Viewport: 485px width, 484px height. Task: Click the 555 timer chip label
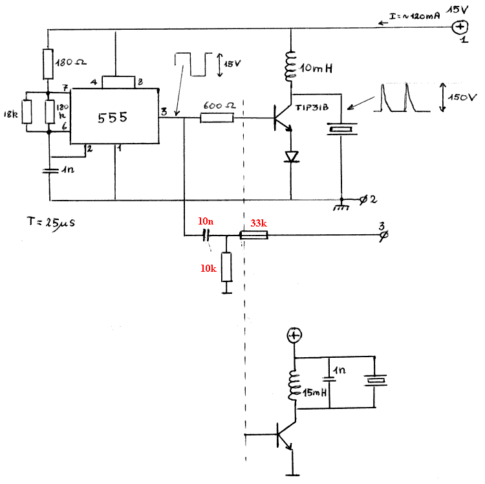pyautogui.click(x=113, y=118)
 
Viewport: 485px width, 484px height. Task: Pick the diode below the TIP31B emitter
pyautogui.click(x=290, y=156)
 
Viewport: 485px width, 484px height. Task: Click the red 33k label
pyautogui.click(x=258, y=223)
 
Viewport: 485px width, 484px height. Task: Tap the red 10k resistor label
pyautogui.click(x=209, y=267)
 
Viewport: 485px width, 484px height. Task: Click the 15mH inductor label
pyautogui.click(x=314, y=393)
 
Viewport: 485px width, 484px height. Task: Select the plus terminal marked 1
pyautogui.click(x=461, y=27)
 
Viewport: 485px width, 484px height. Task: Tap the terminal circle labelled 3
pyautogui.click(x=382, y=236)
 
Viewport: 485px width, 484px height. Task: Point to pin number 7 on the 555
pyautogui.click(x=65, y=87)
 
